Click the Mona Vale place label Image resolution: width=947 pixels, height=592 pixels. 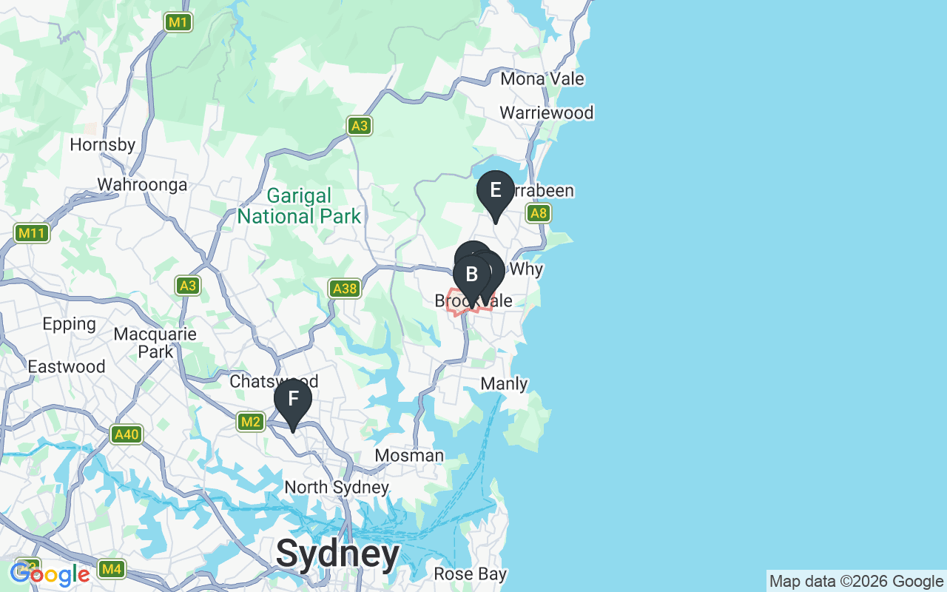(542, 79)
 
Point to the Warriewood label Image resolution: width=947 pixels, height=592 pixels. (547, 113)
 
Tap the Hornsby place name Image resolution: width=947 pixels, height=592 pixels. (103, 145)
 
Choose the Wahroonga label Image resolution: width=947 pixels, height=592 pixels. (143, 185)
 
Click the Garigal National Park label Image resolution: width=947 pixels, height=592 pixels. (300, 206)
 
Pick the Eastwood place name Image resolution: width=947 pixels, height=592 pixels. (67, 367)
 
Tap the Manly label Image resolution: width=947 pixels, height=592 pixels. (505, 384)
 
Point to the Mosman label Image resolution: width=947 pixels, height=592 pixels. (409, 456)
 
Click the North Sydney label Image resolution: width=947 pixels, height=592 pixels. (337, 488)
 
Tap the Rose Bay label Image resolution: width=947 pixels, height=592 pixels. (471, 574)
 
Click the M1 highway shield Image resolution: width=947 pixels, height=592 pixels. (178, 22)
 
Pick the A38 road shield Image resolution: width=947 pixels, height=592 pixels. (345, 289)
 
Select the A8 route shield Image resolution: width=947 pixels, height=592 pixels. (539, 214)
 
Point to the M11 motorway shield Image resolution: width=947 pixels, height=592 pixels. (32, 234)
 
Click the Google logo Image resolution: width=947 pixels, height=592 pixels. (50, 574)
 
